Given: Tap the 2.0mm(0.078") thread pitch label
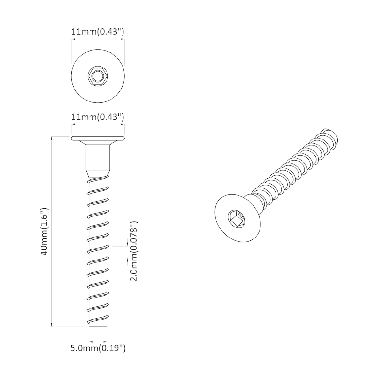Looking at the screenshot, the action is [134, 251].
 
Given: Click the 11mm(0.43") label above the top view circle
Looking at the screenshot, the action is [97, 32].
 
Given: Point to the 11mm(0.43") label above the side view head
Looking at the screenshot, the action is [97, 117].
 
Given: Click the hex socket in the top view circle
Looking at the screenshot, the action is [98, 76].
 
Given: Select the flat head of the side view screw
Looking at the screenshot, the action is [98, 139].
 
